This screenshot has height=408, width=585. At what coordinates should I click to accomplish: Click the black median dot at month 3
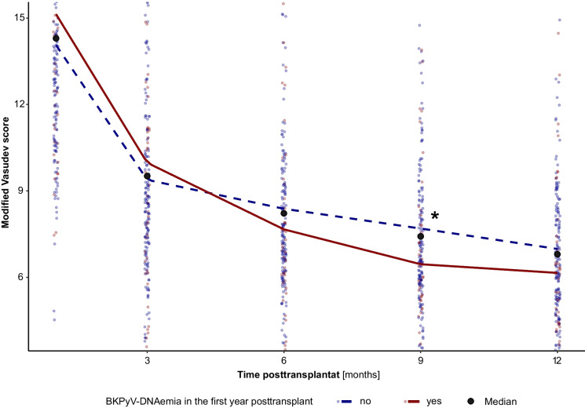tap(147, 176)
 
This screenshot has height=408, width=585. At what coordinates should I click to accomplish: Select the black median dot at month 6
tap(284, 213)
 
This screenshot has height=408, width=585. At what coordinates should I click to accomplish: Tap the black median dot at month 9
tap(420, 236)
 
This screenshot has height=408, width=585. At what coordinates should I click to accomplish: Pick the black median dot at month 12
tap(557, 254)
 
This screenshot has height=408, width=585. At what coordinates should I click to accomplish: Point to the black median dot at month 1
tap(56, 38)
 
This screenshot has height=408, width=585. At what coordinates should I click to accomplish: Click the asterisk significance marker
tap(435, 216)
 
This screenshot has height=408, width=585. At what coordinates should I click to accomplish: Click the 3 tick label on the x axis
tap(147, 361)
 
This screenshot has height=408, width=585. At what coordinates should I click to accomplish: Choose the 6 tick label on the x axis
tap(284, 361)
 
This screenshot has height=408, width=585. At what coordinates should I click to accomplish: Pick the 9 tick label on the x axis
tap(420, 361)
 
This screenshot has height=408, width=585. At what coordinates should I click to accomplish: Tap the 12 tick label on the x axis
tap(557, 361)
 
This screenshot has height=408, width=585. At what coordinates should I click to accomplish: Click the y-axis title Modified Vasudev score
tap(5, 173)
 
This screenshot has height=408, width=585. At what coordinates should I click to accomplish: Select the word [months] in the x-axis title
tap(360, 375)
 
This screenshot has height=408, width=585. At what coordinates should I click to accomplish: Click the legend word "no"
tap(365, 401)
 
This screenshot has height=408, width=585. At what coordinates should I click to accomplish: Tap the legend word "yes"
tap(434, 401)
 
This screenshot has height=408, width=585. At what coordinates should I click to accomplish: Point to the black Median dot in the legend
tap(471, 401)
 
